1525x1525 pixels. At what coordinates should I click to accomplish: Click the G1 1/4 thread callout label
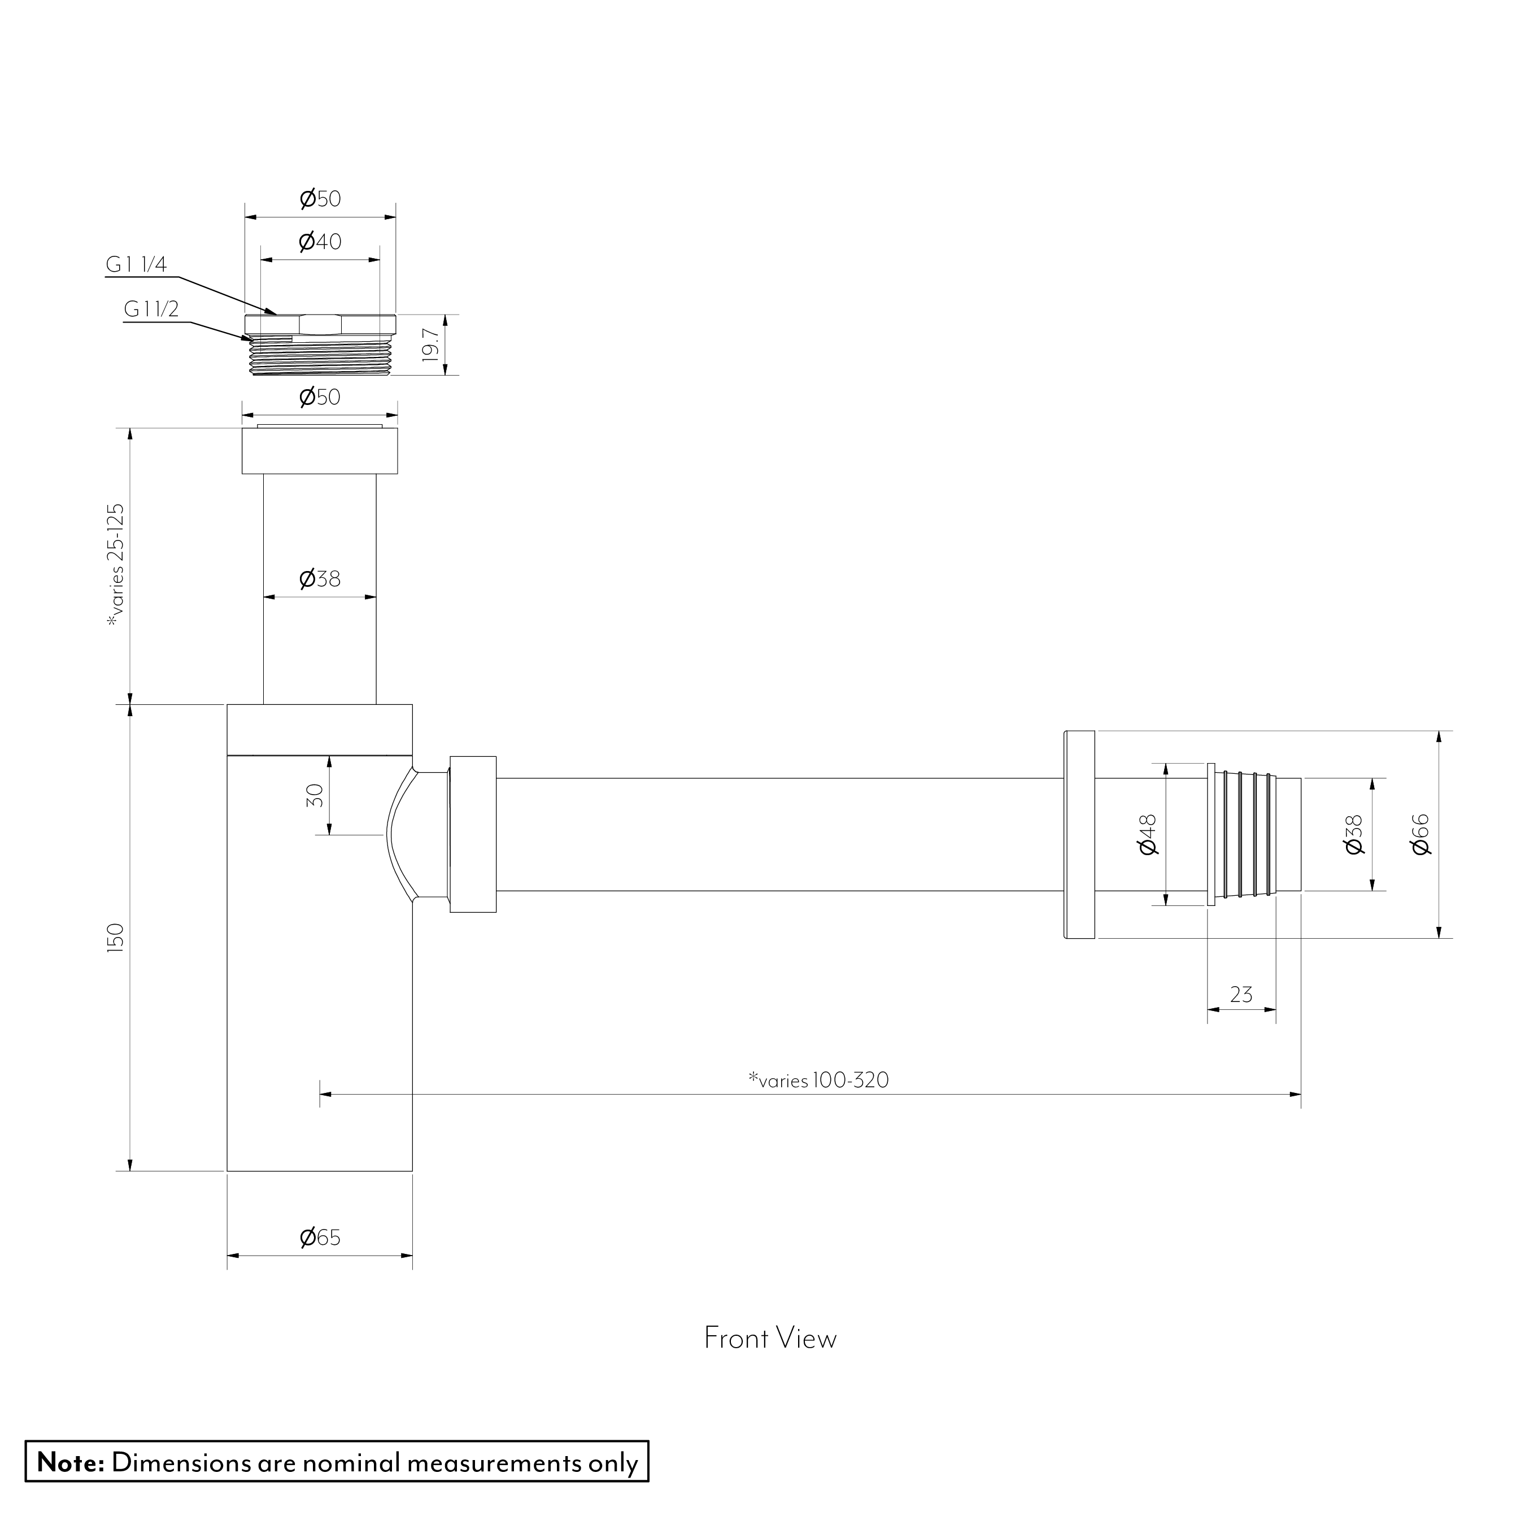(137, 264)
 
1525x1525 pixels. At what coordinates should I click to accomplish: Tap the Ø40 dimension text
(320, 242)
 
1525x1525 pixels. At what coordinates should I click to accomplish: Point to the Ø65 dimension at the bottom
(320, 1237)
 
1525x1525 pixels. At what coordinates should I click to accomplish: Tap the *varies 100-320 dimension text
(818, 1080)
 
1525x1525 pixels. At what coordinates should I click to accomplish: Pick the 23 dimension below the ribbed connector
(1241, 995)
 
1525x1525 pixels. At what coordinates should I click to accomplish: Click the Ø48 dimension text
(1148, 834)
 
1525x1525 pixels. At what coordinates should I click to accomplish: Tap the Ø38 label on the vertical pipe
(320, 578)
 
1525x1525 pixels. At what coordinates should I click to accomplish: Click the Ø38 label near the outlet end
(1353, 834)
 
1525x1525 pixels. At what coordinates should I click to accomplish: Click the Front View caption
(770, 1338)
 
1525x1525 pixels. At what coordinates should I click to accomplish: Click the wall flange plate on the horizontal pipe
(1079, 834)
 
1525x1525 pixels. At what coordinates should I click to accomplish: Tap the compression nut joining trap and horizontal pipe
(472, 834)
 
